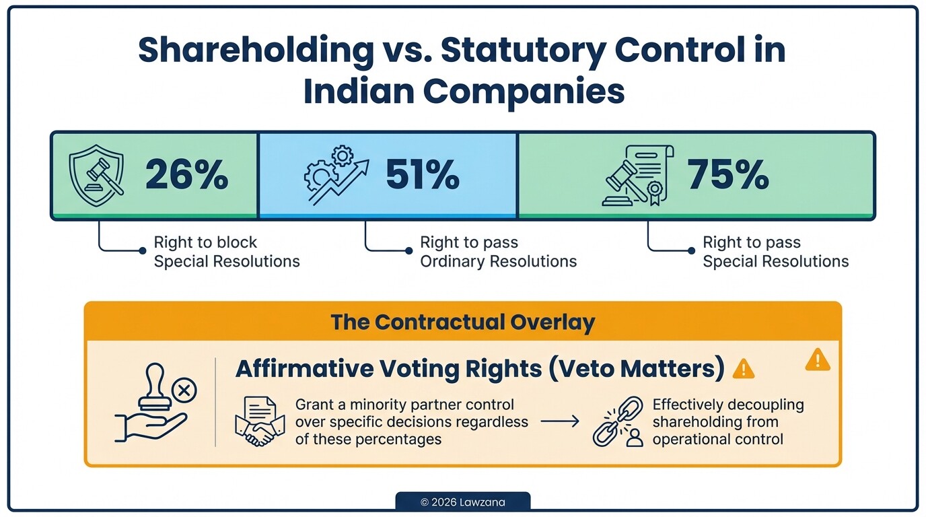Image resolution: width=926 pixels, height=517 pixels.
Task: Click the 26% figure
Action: pos(186,175)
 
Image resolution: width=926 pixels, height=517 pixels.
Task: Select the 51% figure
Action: pos(422,175)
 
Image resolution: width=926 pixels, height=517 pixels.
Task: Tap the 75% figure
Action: pos(727,175)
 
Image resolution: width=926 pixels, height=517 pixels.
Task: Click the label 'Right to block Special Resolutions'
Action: pos(226,252)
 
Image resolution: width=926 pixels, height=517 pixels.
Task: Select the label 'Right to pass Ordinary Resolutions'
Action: pos(498,252)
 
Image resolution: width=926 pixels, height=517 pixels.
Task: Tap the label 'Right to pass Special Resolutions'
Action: pos(775,252)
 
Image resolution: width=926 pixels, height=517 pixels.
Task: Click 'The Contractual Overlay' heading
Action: pos(462,322)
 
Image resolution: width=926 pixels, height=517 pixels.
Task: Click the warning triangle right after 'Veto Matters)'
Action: pos(743,368)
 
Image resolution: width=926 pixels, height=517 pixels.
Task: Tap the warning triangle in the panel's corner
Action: pos(817,360)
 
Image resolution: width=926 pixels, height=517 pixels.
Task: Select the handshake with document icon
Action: pos(258,422)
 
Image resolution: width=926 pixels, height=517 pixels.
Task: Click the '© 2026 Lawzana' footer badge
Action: pos(462,502)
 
